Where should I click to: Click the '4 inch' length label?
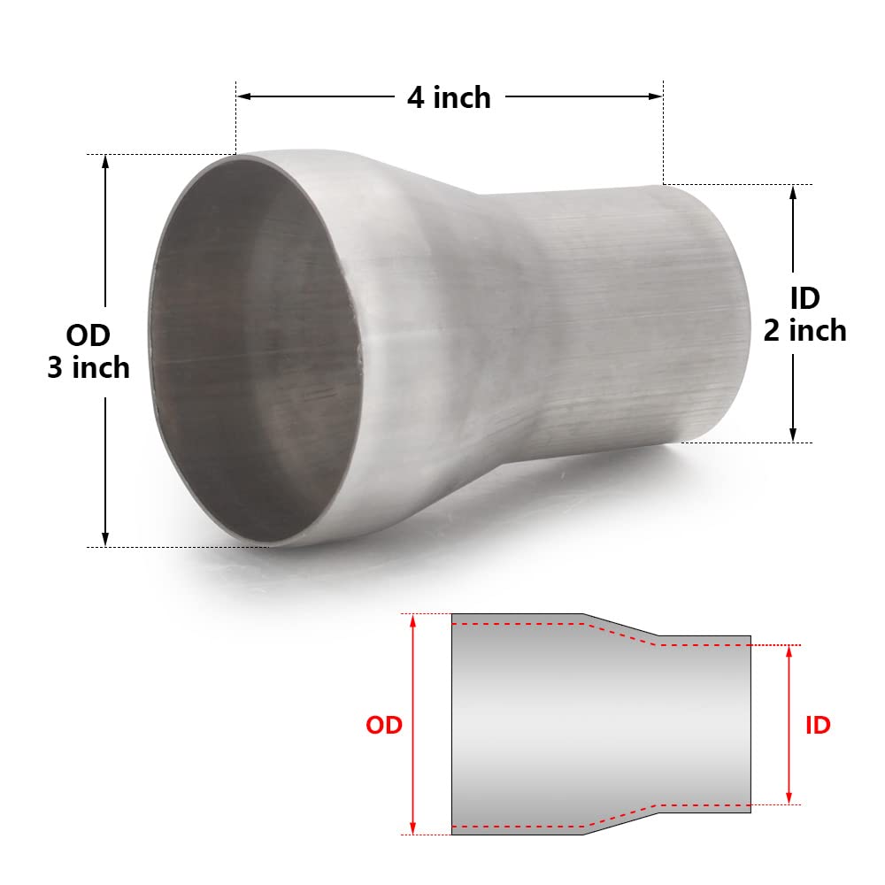tap(449, 96)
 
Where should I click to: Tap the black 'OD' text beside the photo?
tap(88, 336)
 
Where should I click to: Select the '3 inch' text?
tap(88, 367)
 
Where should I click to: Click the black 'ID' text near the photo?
tap(804, 298)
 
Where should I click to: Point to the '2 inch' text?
tap(804, 330)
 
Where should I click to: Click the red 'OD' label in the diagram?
tap(384, 725)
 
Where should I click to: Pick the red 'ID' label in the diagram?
tap(817, 725)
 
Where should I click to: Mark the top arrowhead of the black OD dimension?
tap(105, 161)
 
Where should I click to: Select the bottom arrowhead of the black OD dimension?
tap(105, 539)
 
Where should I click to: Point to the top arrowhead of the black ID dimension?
tap(793, 192)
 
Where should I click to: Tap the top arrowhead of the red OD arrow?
tap(412, 620)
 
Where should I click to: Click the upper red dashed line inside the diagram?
tap(531, 625)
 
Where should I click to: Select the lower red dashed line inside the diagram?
tap(531, 825)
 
